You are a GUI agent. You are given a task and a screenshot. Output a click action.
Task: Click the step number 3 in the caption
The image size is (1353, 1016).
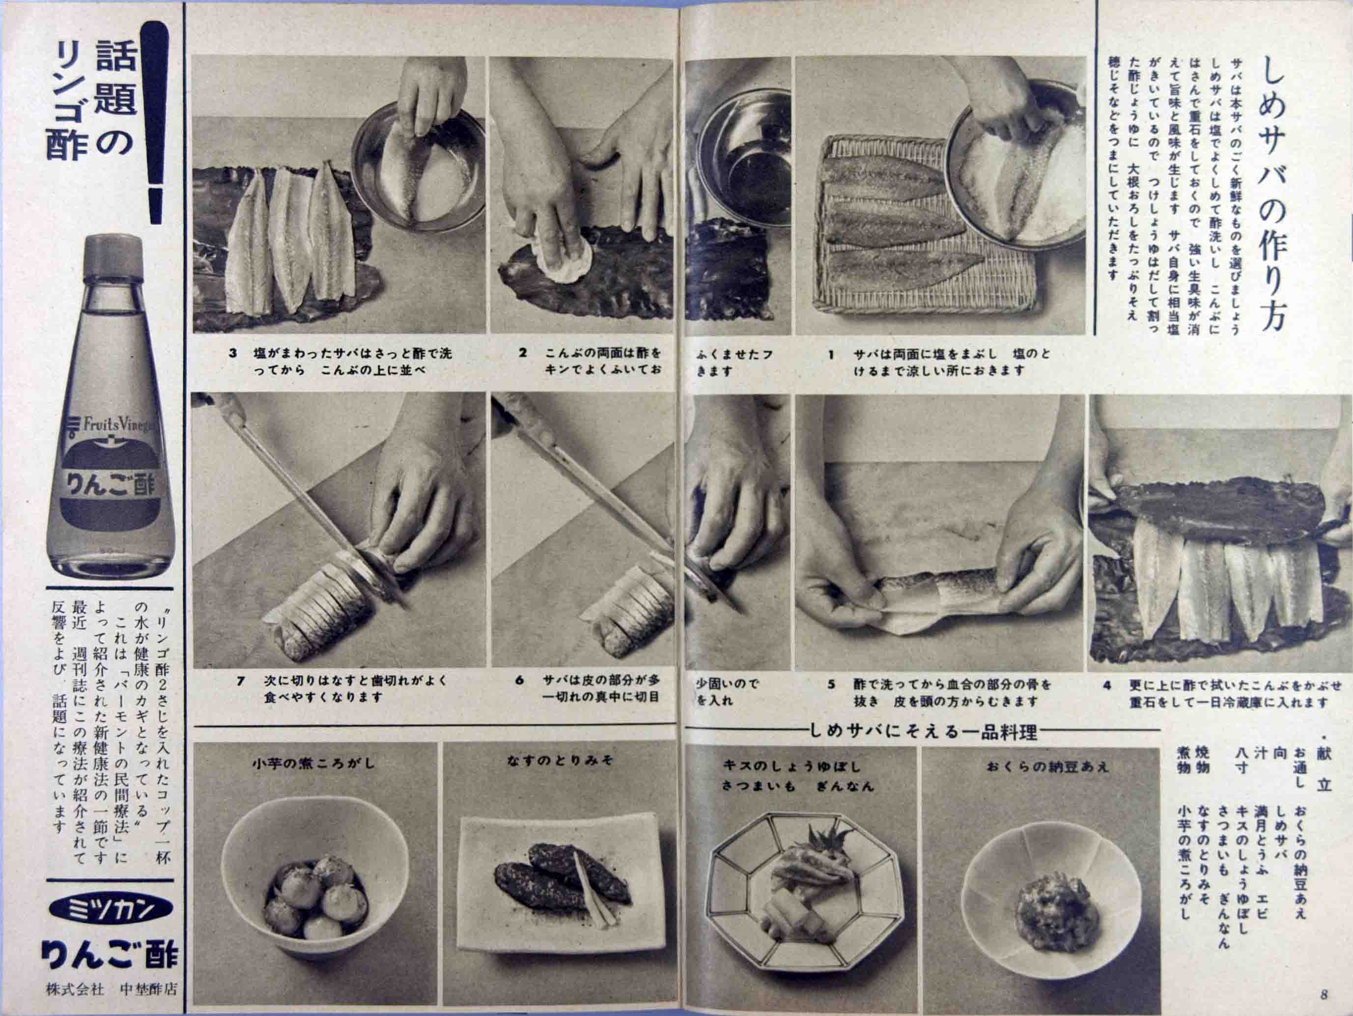(x=232, y=354)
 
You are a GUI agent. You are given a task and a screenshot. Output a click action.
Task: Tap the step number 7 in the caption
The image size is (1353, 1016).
(x=241, y=681)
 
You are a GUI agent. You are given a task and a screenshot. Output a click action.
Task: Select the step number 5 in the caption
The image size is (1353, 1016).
(x=831, y=684)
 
